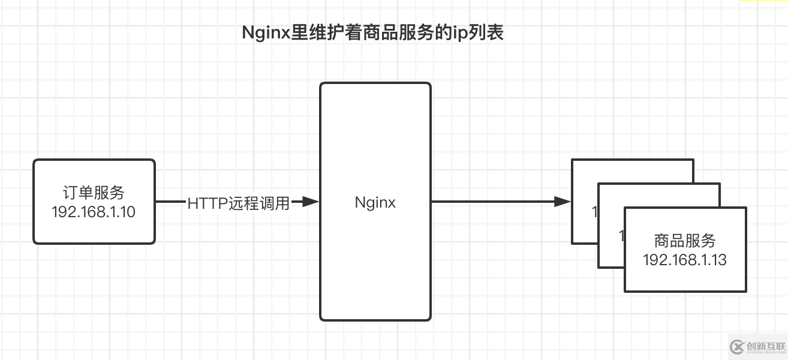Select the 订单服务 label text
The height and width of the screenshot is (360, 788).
(x=94, y=193)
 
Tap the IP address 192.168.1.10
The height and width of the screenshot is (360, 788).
(x=94, y=211)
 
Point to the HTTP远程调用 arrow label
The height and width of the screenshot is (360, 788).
(x=239, y=203)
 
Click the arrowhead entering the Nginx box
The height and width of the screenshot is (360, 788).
(x=309, y=202)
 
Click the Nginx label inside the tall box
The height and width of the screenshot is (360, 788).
(x=375, y=202)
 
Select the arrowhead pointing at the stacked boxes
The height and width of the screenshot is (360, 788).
(x=562, y=202)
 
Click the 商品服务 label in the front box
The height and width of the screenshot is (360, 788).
(x=685, y=241)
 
